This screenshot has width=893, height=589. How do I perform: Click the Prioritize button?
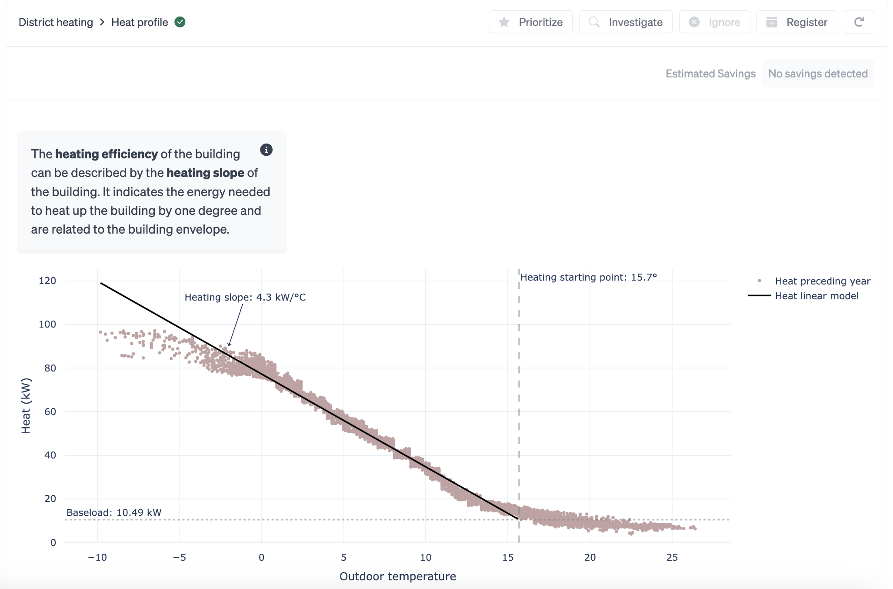point(530,22)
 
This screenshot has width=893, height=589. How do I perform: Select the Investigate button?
point(626,22)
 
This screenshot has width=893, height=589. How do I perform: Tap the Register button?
point(796,22)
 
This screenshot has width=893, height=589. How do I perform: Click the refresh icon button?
point(859,22)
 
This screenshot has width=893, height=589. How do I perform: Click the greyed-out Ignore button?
point(714,22)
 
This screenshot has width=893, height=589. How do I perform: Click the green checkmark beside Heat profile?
point(180,22)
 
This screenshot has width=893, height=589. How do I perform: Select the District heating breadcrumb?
point(56,22)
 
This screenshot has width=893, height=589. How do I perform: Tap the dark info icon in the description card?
point(266,150)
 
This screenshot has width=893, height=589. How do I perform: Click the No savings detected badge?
point(818,74)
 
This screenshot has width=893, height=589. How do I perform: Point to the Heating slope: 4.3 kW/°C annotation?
point(245,297)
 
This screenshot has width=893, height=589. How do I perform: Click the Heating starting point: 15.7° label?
point(588,277)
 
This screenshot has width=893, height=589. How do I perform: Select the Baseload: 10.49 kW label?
point(114,512)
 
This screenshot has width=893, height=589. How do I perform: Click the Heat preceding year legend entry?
point(822,281)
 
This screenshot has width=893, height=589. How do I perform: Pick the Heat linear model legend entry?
point(816,296)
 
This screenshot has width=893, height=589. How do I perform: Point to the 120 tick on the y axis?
point(47,281)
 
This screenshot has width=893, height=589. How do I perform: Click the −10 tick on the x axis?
point(97,557)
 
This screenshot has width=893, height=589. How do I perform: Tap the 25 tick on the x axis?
point(672,557)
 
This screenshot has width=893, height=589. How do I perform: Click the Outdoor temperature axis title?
point(397,576)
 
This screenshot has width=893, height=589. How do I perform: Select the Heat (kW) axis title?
point(26,405)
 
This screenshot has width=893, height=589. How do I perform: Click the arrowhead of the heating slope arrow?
point(229,345)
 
